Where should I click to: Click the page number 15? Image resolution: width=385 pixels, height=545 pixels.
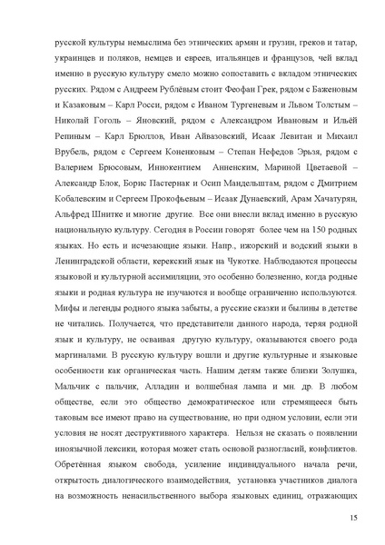pos(351,518)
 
